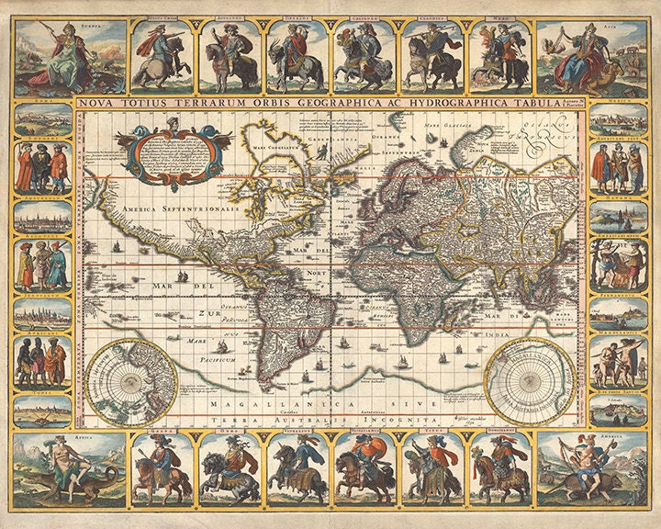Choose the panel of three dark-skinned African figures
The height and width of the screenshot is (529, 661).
42,360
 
